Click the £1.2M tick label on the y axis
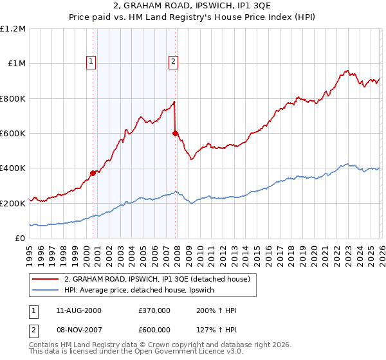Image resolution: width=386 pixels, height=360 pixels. pyautogui.click(x=13, y=29)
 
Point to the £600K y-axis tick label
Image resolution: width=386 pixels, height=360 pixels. pyautogui.click(x=13, y=134)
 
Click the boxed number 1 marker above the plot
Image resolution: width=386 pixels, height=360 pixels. pyautogui.click(x=91, y=62)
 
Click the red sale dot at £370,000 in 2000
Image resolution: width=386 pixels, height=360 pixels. pyautogui.click(x=93, y=173)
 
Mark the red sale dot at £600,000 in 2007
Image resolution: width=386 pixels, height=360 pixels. pyautogui.click(x=175, y=133)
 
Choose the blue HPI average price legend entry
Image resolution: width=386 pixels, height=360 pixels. pyautogui.click(x=143, y=291)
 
